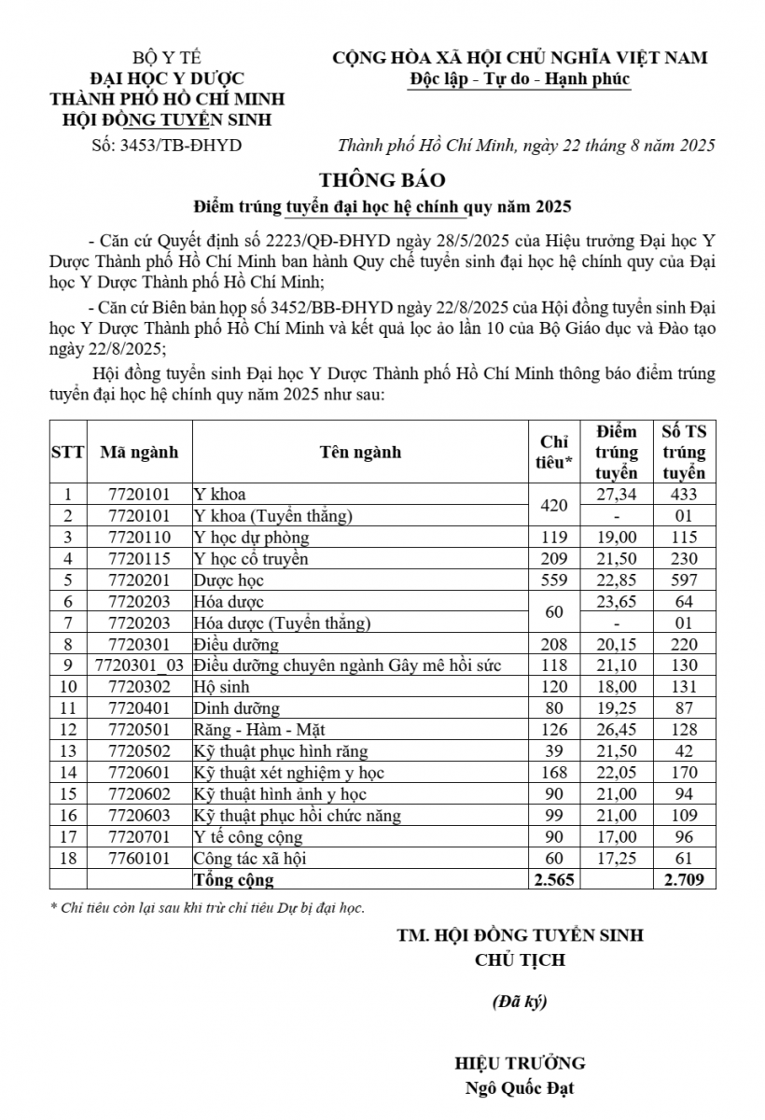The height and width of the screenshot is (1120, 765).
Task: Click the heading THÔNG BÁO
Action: [x=382, y=179]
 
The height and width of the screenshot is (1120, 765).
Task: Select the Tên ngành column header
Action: [x=360, y=452]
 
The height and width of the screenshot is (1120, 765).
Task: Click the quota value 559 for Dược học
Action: [x=554, y=580]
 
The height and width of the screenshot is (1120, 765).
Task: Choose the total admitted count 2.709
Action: [x=684, y=879]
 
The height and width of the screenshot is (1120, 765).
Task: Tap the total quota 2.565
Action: [x=554, y=879]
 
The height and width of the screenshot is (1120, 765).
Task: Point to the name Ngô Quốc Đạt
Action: [x=520, y=1088]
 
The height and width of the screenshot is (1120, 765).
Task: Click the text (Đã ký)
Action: [x=520, y=1002]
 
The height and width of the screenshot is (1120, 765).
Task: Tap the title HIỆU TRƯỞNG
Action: [x=520, y=1063]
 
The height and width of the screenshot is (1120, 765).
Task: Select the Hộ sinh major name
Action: [x=216, y=687]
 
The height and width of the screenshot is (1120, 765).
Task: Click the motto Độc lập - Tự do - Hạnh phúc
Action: [x=520, y=79]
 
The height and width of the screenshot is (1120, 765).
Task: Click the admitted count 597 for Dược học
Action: [x=684, y=580]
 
